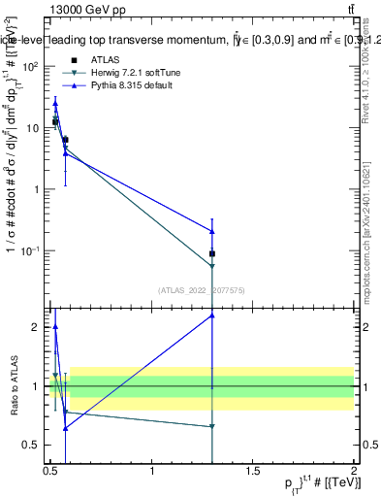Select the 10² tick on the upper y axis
(x=30, y=66)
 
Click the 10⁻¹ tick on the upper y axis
(x=30, y=250)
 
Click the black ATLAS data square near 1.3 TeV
(x=212, y=253)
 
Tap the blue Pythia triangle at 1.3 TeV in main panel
(x=212, y=231)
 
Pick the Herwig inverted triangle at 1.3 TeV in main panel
(x=212, y=266)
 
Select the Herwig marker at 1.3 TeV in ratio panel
(x=212, y=426)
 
